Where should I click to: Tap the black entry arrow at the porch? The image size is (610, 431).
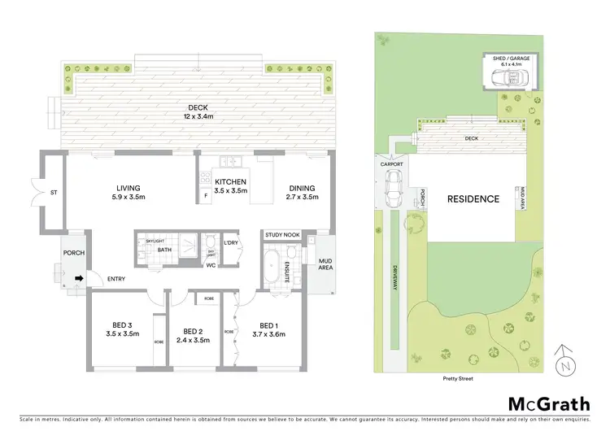click(x=79, y=279)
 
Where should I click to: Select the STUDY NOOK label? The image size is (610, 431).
click(x=282, y=236)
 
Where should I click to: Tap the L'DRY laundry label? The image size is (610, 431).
click(x=230, y=243)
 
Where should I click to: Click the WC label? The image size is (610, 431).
click(x=210, y=265)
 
